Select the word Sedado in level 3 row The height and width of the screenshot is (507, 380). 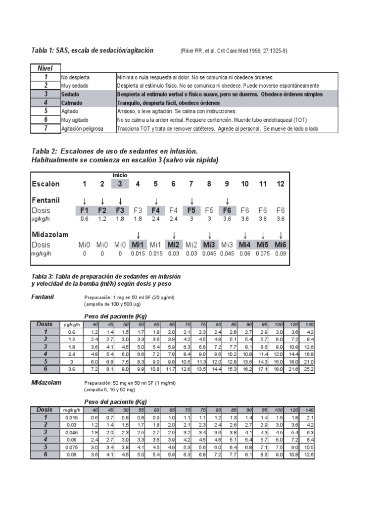70,94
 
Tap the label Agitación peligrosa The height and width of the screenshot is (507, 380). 82,129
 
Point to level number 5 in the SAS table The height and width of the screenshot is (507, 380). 46,111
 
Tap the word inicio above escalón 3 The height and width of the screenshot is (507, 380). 120,175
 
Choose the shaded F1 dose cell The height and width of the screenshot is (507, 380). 85,210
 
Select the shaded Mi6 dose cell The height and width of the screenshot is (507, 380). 281,245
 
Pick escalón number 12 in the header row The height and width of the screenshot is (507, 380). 281,184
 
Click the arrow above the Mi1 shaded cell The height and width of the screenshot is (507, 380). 138,235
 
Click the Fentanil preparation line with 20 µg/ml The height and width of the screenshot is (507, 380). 130,298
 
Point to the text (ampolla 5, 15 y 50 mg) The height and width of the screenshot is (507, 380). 111,390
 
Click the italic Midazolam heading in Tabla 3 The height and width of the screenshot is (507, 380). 46,382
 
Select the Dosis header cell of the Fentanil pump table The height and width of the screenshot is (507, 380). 45,324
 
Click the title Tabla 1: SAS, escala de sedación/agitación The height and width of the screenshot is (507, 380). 92,51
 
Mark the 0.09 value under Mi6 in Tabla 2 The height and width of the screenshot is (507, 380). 281,253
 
